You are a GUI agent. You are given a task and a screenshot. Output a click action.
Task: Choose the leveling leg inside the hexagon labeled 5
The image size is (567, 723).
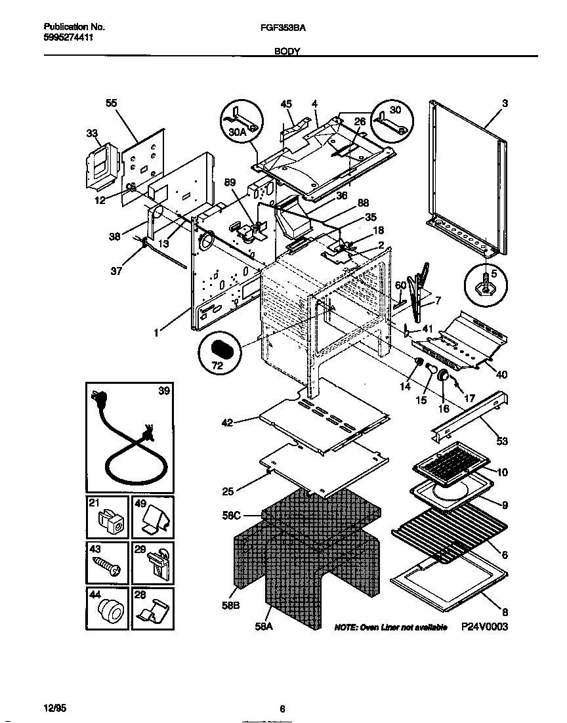(x=485, y=286)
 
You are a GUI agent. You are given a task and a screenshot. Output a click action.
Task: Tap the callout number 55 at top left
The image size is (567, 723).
(x=111, y=103)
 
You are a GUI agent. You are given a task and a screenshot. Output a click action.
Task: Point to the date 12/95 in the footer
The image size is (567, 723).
(x=54, y=709)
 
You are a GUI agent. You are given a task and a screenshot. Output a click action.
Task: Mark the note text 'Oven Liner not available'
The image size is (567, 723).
(x=390, y=627)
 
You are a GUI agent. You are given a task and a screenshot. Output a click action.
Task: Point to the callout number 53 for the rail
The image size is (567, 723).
(x=501, y=441)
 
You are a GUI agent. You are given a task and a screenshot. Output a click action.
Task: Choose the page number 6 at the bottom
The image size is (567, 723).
(x=282, y=709)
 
